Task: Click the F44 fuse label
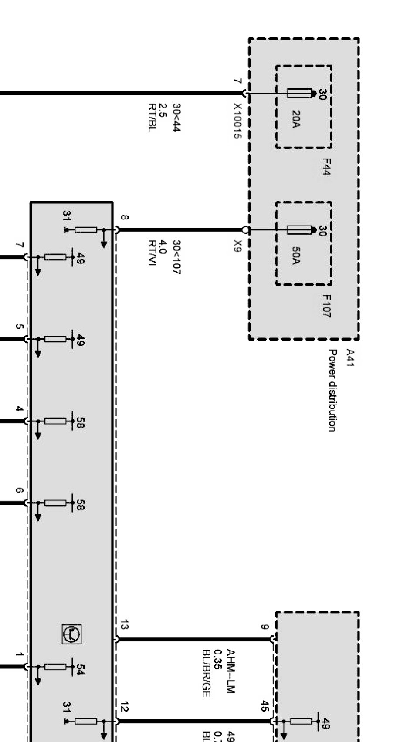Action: [326, 167]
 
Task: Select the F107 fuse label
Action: [326, 306]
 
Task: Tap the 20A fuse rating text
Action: [296, 119]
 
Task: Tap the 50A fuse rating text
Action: [296, 256]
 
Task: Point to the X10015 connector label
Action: [237, 121]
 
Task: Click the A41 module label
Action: [349, 357]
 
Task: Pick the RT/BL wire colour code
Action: [152, 118]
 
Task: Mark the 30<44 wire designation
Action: [176, 117]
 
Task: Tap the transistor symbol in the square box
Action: [71, 634]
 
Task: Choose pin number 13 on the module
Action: [124, 626]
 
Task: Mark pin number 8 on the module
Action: [124, 217]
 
